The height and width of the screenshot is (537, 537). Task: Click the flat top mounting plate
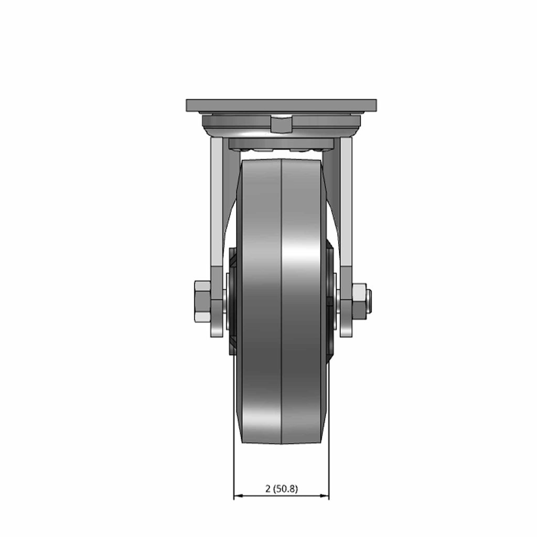click(281, 105)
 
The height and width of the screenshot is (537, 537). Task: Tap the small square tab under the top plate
click(281, 125)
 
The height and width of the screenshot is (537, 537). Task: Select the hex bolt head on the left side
click(202, 302)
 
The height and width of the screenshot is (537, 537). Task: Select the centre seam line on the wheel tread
click(281, 302)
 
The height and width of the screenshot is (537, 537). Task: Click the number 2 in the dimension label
click(267, 489)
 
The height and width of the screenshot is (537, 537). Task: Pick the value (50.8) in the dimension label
click(285, 489)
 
